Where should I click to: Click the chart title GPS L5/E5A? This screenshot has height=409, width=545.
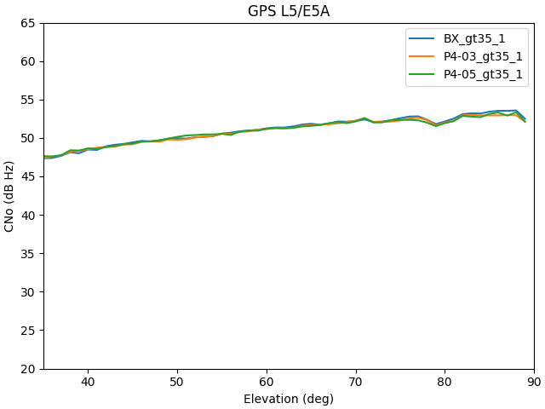tap(289, 11)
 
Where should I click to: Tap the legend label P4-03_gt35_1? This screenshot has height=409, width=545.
tap(483, 56)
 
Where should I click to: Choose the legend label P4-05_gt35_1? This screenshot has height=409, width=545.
tap(483, 74)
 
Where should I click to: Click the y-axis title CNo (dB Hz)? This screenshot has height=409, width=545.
tap(10, 196)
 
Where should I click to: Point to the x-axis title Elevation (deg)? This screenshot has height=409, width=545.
tap(289, 399)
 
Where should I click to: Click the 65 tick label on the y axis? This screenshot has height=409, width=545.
tap(28, 23)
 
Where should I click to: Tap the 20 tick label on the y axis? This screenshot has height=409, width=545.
tap(28, 369)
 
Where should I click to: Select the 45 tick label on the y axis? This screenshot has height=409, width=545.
tap(28, 176)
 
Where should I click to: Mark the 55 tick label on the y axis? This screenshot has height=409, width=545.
tap(28, 100)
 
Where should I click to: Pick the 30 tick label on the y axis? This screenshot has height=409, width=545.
tap(28, 292)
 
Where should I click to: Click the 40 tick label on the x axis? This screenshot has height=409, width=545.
tap(88, 383)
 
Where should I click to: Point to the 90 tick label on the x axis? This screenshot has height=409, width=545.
tap(534, 383)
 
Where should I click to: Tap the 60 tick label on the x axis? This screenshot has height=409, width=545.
tap(267, 383)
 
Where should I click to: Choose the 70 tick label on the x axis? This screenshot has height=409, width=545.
tap(356, 383)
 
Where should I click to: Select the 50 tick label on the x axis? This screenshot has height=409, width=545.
tap(177, 383)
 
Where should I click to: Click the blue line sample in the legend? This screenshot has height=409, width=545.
tap(424, 38)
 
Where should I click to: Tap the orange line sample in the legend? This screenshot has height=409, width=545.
tap(424, 56)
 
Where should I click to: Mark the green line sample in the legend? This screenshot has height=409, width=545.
tap(424, 74)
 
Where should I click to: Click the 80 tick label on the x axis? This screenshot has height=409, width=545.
tap(445, 383)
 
